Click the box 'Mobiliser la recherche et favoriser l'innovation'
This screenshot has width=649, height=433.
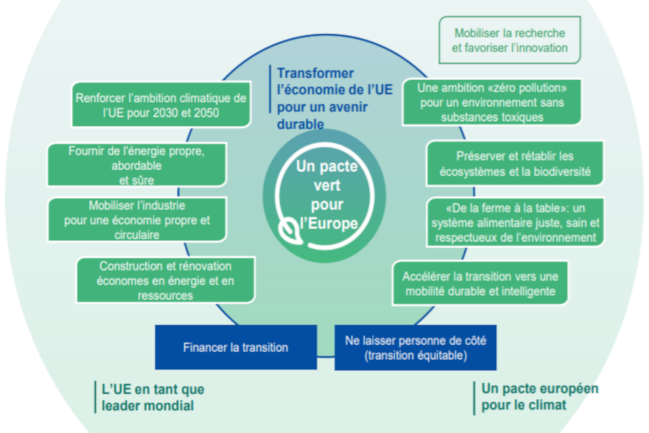[510, 40]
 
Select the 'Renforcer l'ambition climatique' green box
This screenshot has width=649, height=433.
[161, 104]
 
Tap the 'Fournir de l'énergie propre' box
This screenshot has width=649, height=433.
[137, 165]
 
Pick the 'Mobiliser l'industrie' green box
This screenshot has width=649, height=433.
[137, 220]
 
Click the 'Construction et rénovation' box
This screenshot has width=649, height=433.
[166, 280]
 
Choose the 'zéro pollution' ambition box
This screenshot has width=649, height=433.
[491, 102]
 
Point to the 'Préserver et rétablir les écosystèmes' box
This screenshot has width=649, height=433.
[515, 163]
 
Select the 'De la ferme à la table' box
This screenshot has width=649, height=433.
[515, 222]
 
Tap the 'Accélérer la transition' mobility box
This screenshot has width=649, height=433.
[480, 283]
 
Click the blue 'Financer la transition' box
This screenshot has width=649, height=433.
[236, 347]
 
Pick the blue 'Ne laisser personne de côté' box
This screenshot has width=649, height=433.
[416, 348]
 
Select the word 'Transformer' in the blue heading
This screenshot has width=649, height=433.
[316, 73]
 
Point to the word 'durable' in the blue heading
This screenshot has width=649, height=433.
[300, 124]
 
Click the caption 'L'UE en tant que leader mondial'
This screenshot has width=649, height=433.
[153, 397]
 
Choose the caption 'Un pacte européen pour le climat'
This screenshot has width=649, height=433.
[539, 396]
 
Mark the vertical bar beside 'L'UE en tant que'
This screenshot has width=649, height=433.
[95, 397]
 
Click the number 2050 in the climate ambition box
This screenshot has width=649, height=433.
[206, 113]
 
